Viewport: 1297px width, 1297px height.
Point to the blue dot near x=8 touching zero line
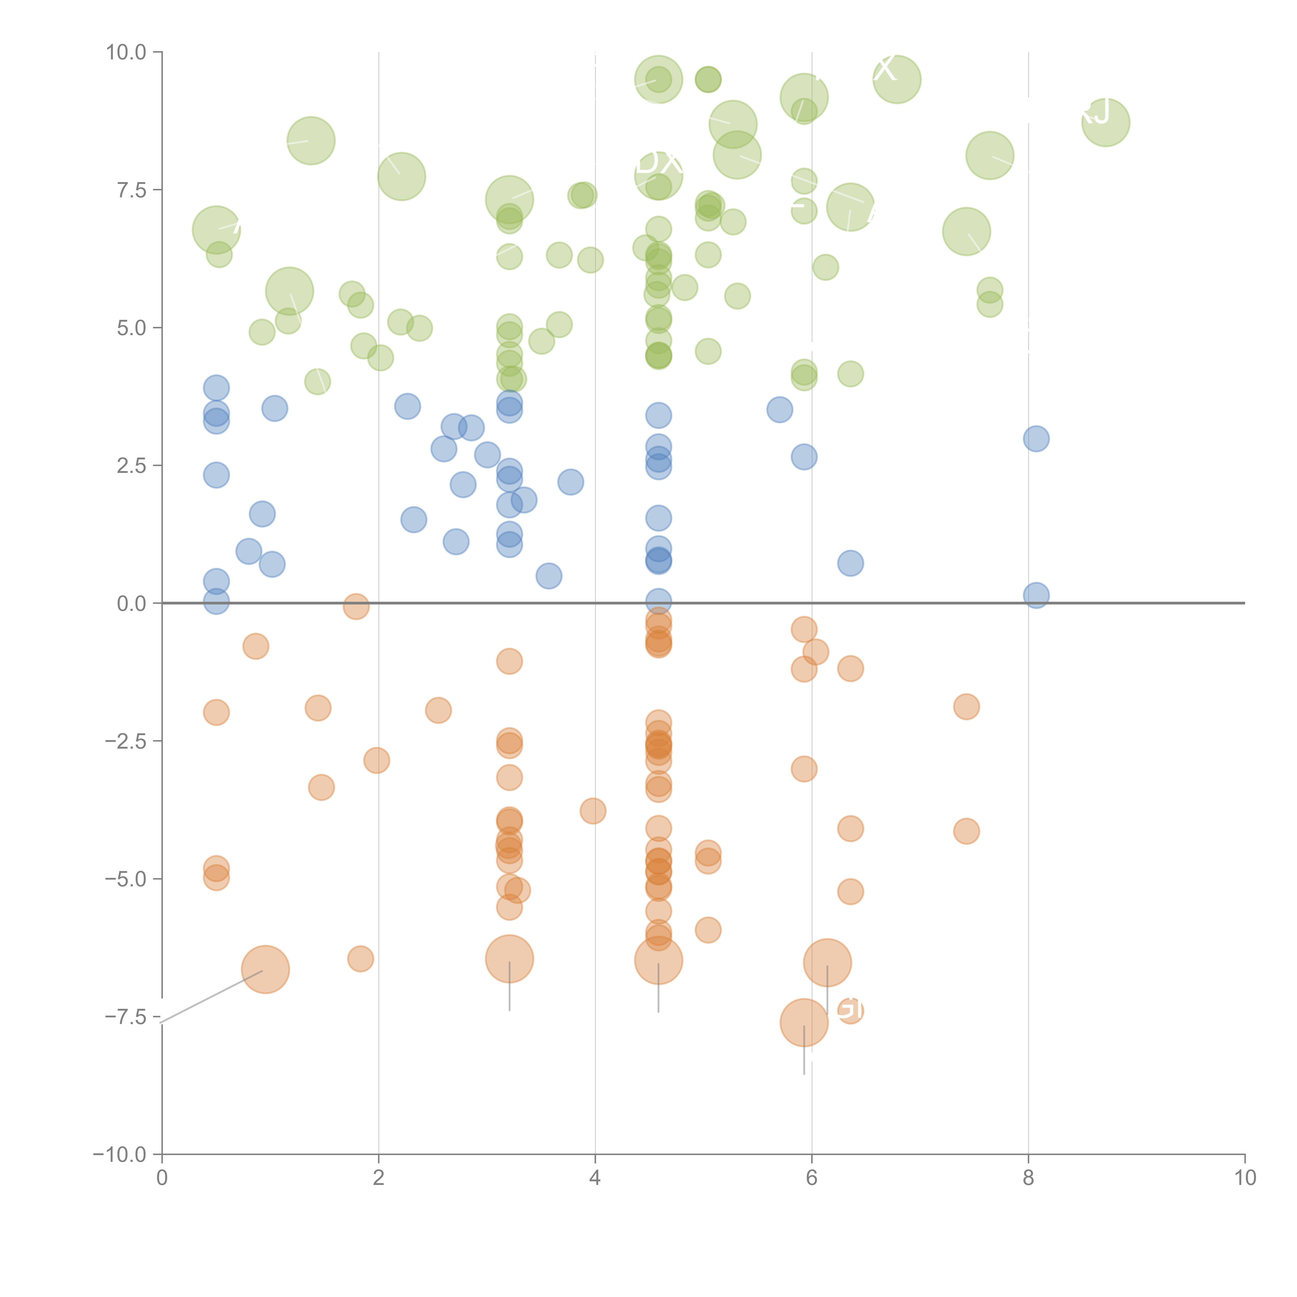point(1036,595)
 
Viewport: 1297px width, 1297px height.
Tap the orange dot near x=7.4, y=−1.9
point(966,706)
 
